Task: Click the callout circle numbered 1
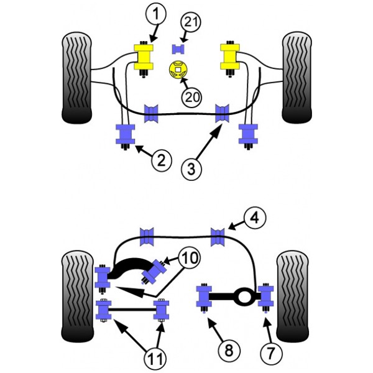point(156,14)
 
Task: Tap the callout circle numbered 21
point(191,22)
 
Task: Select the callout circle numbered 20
point(191,97)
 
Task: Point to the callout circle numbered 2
point(161,160)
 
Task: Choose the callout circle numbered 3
point(191,169)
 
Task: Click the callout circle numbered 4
point(255,218)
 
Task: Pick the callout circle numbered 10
point(190,258)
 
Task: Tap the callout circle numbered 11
point(155,358)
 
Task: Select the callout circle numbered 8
point(229,350)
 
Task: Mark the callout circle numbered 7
point(271,353)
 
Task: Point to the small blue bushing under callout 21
point(178,49)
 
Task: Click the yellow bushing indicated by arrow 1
point(144,57)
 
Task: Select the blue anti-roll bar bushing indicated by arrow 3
point(222,113)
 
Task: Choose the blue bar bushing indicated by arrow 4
point(218,237)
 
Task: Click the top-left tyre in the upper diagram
point(76,77)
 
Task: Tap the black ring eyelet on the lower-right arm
point(244,297)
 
